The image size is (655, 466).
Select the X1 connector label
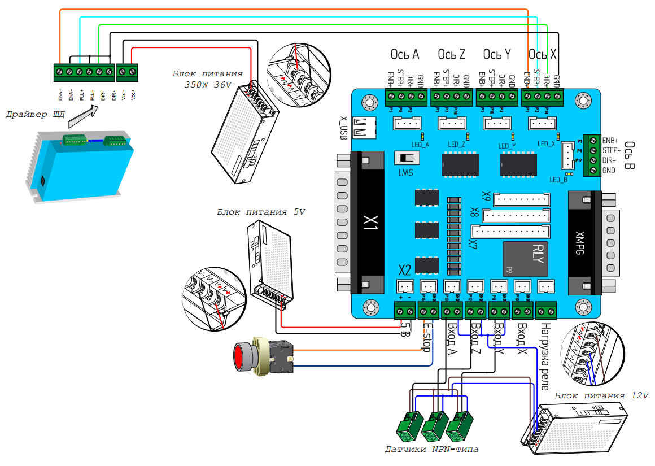point(370,223)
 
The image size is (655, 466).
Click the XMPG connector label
point(579,241)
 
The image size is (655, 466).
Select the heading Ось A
point(405,55)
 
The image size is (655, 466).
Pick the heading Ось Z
point(451,55)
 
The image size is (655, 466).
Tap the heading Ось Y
point(497,55)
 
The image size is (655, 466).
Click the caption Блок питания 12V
point(601,395)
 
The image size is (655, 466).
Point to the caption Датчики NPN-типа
point(431,450)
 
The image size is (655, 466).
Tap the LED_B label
point(558,180)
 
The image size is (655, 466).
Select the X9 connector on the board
point(521,199)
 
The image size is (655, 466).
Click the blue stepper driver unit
point(79,164)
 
